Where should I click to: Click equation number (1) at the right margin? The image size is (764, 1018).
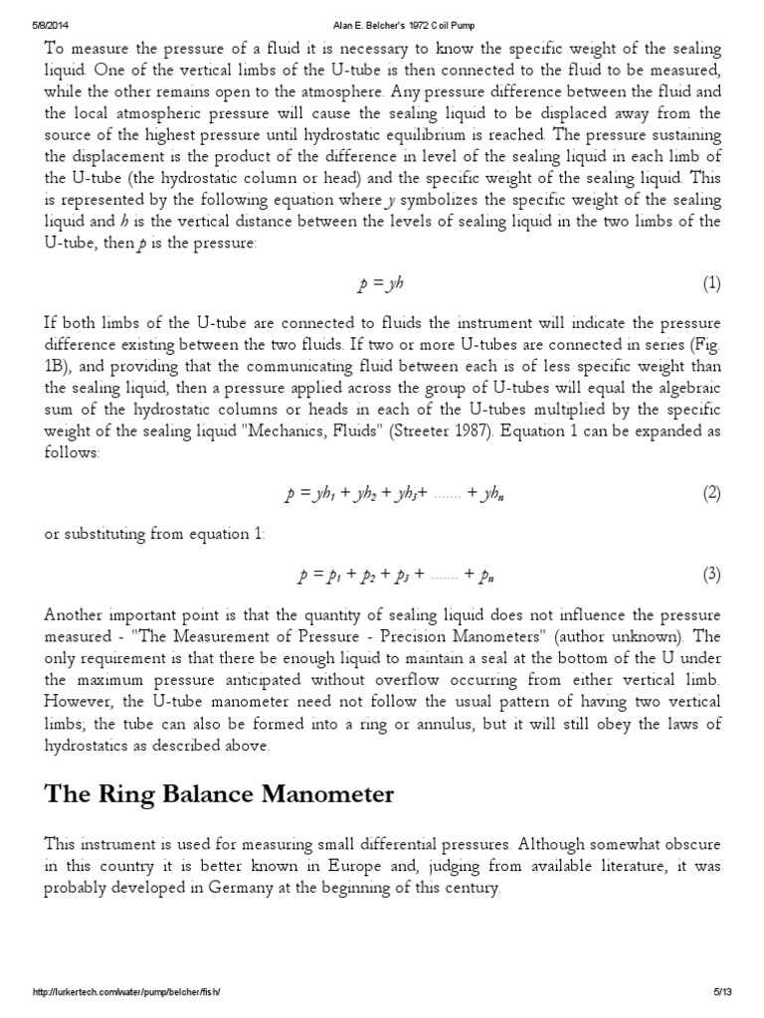pyautogui.click(x=711, y=284)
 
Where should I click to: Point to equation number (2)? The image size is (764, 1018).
pyautogui.click(x=711, y=493)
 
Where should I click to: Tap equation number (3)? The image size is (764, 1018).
pyautogui.click(x=711, y=574)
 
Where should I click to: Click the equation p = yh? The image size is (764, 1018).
pyautogui.click(x=381, y=284)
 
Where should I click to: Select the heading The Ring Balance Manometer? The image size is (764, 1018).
pyautogui.click(x=219, y=794)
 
